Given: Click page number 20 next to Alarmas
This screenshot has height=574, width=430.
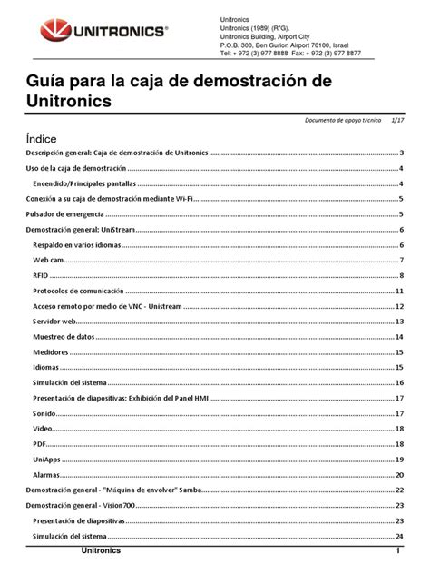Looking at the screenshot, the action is coord(399,475).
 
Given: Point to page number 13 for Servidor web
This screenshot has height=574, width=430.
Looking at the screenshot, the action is coord(399,322).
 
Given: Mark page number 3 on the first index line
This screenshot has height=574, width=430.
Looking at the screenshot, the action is coord(401,153).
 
